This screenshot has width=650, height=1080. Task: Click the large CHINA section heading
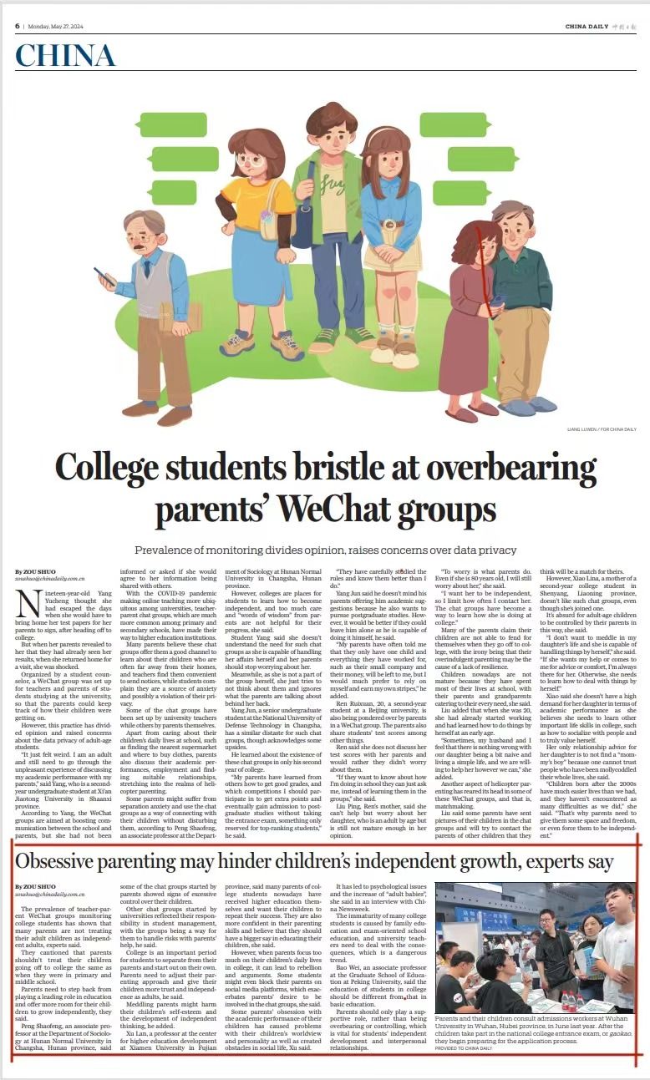[x=64, y=55]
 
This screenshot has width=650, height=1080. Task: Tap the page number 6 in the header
[x=17, y=26]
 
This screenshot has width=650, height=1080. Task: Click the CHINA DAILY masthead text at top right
[x=587, y=27]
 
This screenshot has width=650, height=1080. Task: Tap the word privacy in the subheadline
[x=495, y=550]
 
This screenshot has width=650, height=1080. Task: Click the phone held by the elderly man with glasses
[x=101, y=275]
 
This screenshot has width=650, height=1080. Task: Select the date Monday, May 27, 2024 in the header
[x=57, y=26]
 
